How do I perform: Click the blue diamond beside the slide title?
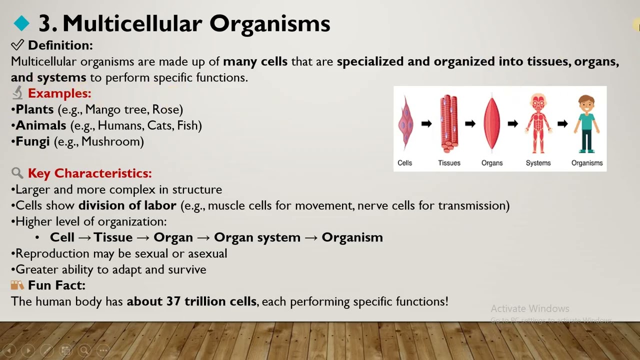point(21,23)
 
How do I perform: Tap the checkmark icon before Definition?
point(17,45)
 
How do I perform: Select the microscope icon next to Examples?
point(17,93)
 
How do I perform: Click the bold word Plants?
point(34,109)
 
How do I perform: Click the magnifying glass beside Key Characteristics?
point(17,173)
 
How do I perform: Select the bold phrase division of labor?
point(127,205)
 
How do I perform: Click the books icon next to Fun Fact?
point(17,285)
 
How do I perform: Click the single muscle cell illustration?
point(405,123)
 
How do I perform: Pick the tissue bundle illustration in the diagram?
point(448,123)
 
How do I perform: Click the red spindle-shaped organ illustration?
point(492,123)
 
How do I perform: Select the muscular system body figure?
point(538,123)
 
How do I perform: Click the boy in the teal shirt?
point(586,123)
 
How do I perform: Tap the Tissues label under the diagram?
point(449,163)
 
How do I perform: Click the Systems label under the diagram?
point(538,163)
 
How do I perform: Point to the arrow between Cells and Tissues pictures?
point(426,123)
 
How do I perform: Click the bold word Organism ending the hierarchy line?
point(352,237)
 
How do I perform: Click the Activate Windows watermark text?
point(530,308)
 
